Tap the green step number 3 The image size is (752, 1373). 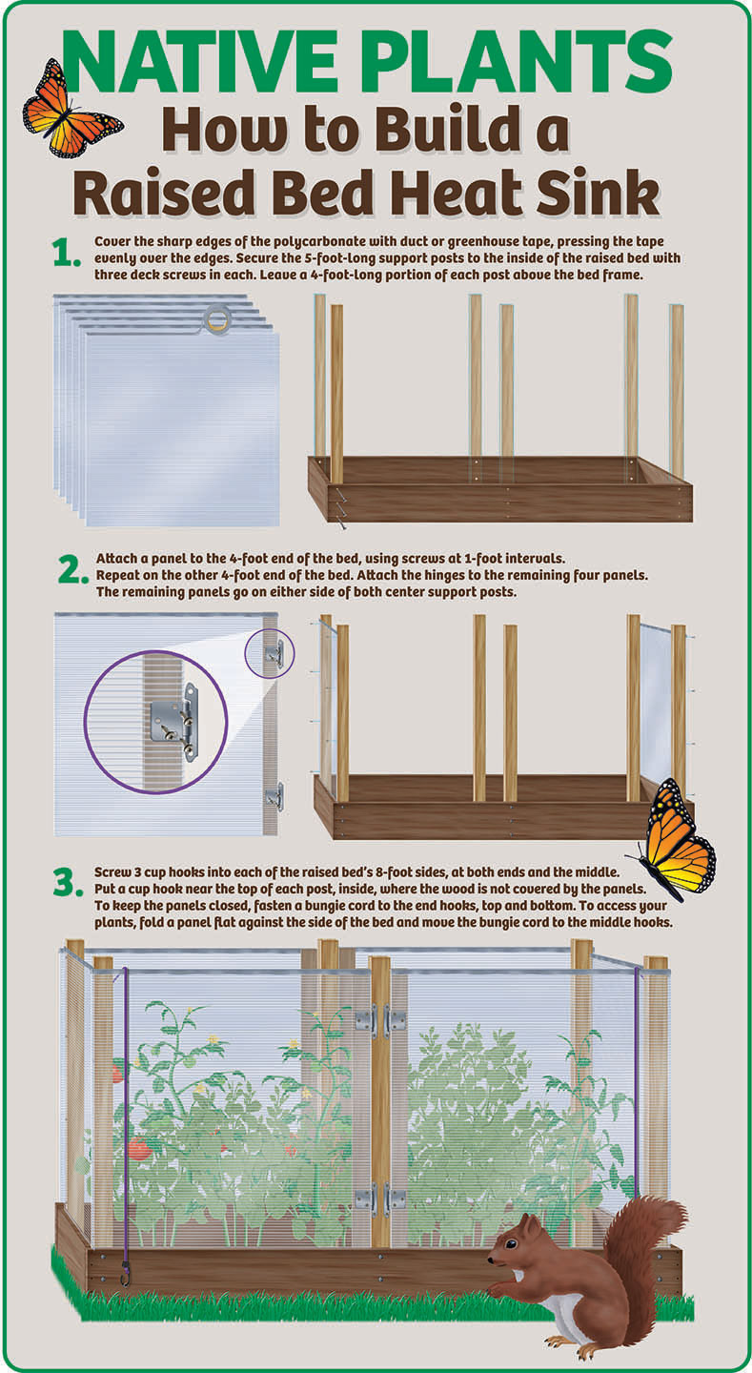tap(68, 883)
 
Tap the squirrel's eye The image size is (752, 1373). tap(510, 1243)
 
